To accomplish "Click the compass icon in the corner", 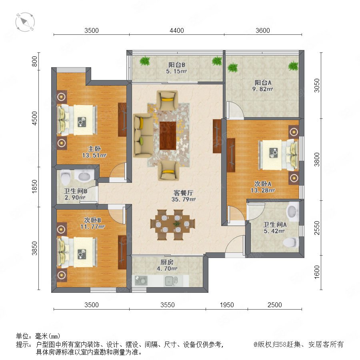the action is point(25,22).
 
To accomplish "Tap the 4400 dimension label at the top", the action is point(176,30).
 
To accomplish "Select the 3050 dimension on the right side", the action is point(317,86).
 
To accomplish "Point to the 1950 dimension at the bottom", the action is point(227,305).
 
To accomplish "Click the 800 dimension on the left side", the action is point(34,61).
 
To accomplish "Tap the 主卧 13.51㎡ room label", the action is point(94,152).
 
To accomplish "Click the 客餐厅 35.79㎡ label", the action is point(183,196).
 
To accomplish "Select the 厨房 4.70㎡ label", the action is point(167,265).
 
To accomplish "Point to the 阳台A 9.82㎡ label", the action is point(263,86).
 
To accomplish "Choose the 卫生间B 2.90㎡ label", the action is point(75,194).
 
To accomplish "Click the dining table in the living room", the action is point(173,224).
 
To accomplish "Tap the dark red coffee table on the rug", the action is point(168,136).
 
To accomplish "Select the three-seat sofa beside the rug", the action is point(143,136).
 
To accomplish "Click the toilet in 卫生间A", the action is point(290,242).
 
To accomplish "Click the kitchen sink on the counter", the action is point(171,281).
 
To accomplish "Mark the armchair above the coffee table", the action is point(167,100).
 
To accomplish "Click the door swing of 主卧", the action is point(118,171).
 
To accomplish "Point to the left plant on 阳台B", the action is point(145,61).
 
